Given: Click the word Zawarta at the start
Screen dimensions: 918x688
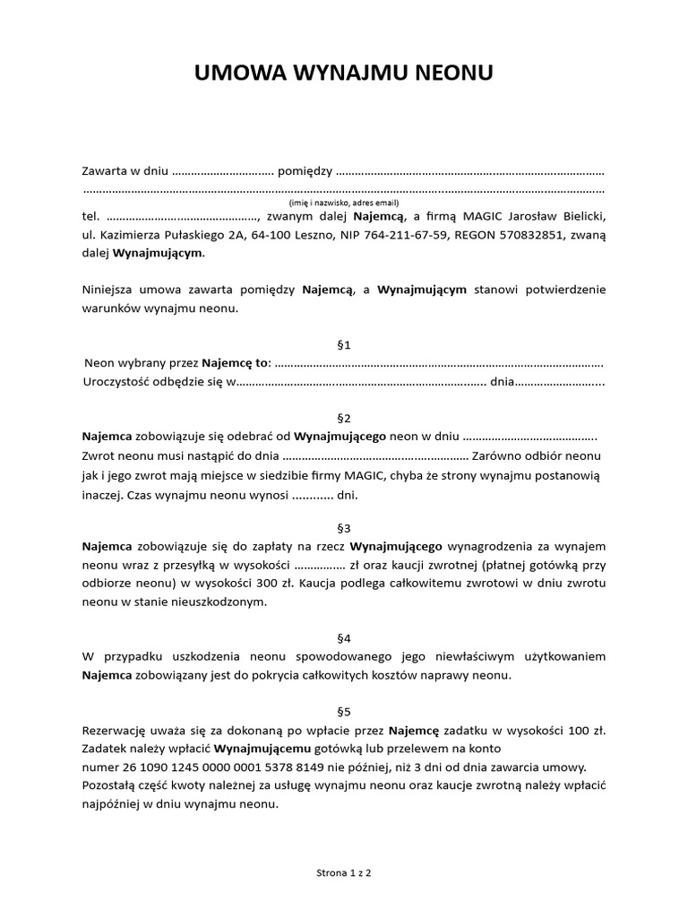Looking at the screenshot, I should [105, 170].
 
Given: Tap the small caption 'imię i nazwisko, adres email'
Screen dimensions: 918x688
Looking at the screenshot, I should [343, 204].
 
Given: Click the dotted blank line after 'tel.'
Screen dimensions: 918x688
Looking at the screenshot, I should [181, 217].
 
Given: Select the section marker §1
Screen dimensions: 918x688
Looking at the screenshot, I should [343, 345].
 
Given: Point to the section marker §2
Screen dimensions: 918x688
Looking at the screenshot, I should [343, 419].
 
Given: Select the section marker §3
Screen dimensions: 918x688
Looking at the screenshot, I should [343, 528].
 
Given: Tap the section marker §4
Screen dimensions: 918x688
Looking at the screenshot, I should [343, 638].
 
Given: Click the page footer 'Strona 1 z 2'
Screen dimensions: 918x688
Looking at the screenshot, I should [343, 871].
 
